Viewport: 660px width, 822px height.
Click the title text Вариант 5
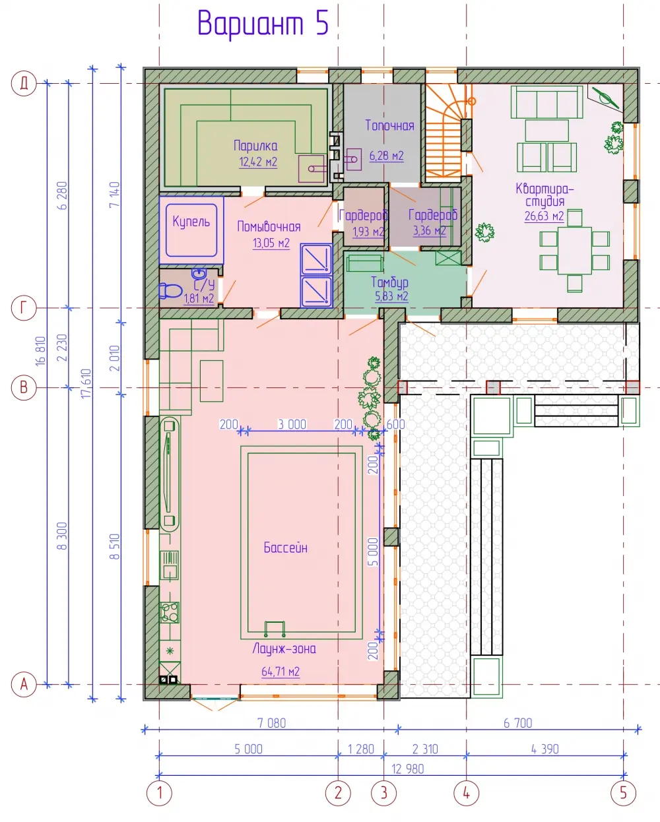pos(263,24)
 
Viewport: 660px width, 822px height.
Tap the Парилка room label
pos(255,146)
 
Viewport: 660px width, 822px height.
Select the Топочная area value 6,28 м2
pos(386,156)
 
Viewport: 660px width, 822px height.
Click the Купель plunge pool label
pos(191,222)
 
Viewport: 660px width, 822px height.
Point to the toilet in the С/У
pos(170,291)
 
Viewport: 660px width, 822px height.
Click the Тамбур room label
pos(390,283)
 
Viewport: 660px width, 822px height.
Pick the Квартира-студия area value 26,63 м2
pos(544,216)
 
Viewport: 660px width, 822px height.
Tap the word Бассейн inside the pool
pos(286,548)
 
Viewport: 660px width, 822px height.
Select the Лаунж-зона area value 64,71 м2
pos(280,672)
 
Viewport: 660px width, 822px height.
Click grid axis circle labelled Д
pos(24,83)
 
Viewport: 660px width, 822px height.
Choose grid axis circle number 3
pos(383,794)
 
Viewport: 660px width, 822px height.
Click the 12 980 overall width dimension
pos(408,769)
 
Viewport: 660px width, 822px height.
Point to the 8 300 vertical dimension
pos(62,536)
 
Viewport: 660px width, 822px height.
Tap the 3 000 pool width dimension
pos(292,424)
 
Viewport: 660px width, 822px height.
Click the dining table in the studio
pos(574,251)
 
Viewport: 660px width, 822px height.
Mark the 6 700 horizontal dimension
pos(518,723)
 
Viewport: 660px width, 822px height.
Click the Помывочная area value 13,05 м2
pos(271,243)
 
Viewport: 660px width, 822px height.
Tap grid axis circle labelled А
pos(24,684)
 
